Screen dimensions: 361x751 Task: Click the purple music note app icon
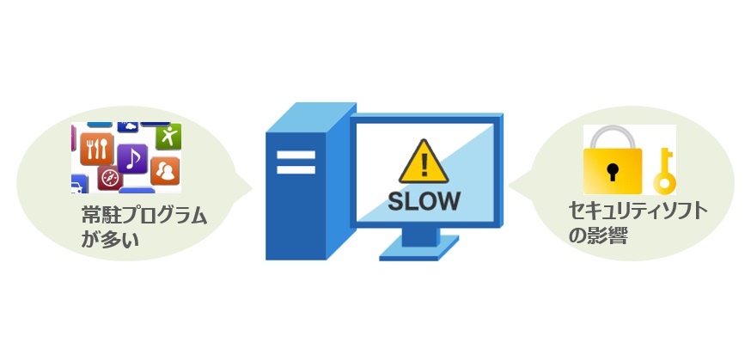pos(132,157)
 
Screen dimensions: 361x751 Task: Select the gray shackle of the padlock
pos(612,138)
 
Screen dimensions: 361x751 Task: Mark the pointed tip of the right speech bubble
pos(509,182)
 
